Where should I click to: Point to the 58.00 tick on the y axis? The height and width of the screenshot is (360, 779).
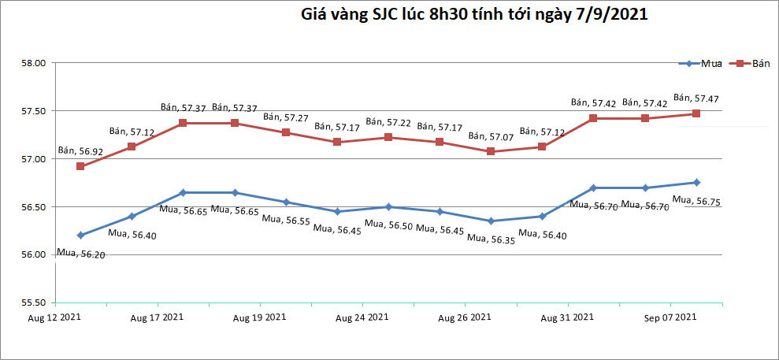click(x=36, y=63)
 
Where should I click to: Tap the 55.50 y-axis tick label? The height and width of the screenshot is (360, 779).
click(x=36, y=302)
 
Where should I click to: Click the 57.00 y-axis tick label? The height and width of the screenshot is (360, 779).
click(x=36, y=159)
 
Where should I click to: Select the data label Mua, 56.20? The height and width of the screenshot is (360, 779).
click(x=81, y=254)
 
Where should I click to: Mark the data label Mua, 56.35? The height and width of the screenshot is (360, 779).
click(x=492, y=239)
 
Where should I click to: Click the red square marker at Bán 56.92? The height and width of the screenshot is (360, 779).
click(x=80, y=166)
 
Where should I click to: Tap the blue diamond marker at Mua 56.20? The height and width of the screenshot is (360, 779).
click(x=80, y=235)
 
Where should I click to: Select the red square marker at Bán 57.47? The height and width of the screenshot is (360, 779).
click(x=696, y=113)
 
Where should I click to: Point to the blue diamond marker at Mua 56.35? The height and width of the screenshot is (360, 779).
click(x=491, y=221)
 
